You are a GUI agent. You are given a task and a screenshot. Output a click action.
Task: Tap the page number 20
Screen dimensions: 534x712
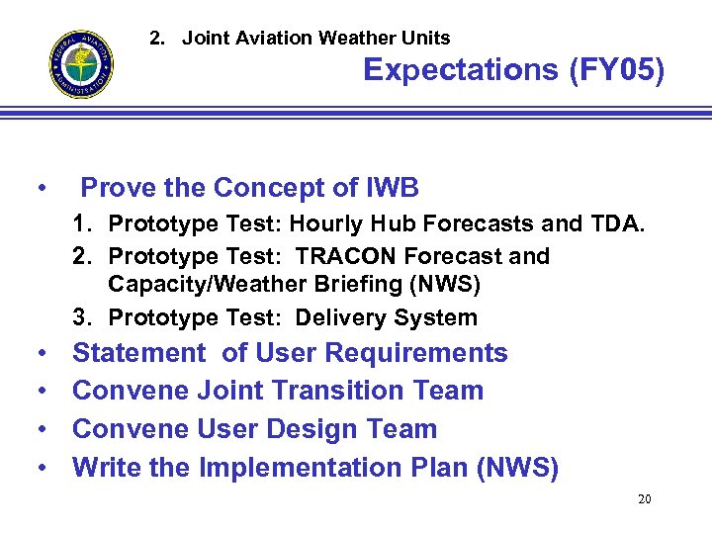[644, 499]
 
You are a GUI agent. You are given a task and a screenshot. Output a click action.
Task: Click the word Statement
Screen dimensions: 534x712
[138, 353]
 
